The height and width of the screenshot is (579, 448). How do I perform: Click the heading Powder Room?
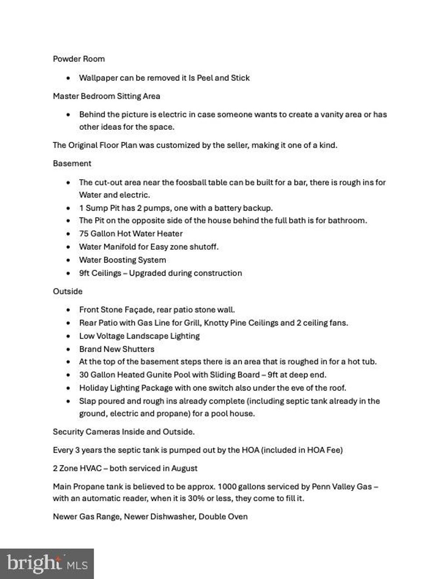point(79,59)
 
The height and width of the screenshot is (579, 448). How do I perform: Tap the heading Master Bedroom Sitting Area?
point(106,96)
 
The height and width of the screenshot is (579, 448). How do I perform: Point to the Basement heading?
point(72,164)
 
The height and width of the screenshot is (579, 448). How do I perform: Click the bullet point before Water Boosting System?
point(68,260)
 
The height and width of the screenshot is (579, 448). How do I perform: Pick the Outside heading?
point(67,291)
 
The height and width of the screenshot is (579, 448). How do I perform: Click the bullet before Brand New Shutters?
point(68,350)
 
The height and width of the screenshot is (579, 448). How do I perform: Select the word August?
point(184,468)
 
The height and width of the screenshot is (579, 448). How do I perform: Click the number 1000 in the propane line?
point(227,487)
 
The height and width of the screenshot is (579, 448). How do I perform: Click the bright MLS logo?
point(47,564)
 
